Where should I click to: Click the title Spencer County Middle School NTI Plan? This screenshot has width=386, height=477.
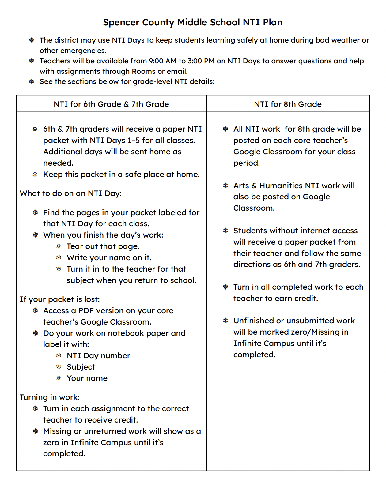pyautogui.click(x=192, y=22)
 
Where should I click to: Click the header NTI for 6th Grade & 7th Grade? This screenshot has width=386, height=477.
pyautogui.click(x=111, y=104)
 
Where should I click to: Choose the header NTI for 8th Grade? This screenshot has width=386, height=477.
pyautogui.click(x=288, y=104)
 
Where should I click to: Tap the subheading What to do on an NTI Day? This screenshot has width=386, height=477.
pyautogui.click(x=71, y=193)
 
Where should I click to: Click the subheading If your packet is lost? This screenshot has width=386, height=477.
pyautogui.click(x=60, y=299)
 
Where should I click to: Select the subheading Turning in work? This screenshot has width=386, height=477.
pyautogui.click(x=50, y=397)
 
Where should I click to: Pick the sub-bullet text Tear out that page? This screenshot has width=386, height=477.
pyautogui.click(x=103, y=246)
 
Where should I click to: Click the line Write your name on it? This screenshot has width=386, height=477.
pyautogui.click(x=109, y=257)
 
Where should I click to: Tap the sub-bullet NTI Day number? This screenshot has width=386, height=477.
pyautogui.click(x=98, y=355)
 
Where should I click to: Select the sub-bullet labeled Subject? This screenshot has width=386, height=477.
pyautogui.click(x=81, y=367)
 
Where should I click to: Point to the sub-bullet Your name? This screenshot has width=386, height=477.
pyautogui.click(x=87, y=378)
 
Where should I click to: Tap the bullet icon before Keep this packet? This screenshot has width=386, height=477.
pyautogui.click(x=35, y=174)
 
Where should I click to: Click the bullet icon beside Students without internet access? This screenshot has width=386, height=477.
pyautogui.click(x=225, y=231)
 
